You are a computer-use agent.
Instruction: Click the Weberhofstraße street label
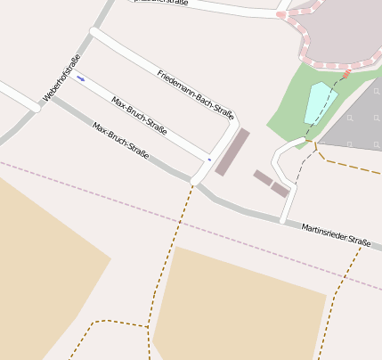click(61, 78)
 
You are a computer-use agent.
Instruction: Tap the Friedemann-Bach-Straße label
click(195, 94)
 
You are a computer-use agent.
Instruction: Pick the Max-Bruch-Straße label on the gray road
click(120, 140)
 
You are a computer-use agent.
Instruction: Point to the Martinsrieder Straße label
click(336, 235)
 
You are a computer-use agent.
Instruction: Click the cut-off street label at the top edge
click(160, 4)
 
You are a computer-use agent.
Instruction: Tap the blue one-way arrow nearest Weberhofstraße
click(81, 78)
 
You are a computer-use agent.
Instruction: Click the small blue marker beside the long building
click(209, 160)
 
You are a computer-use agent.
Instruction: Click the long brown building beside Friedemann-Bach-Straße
click(232, 152)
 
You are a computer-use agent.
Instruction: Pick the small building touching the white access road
click(280, 190)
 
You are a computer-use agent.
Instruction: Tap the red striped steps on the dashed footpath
click(347, 74)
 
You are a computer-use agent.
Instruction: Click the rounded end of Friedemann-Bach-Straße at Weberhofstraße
click(94, 33)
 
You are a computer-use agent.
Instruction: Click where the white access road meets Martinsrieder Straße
click(283, 219)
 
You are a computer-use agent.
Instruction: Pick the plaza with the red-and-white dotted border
click(338, 31)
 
